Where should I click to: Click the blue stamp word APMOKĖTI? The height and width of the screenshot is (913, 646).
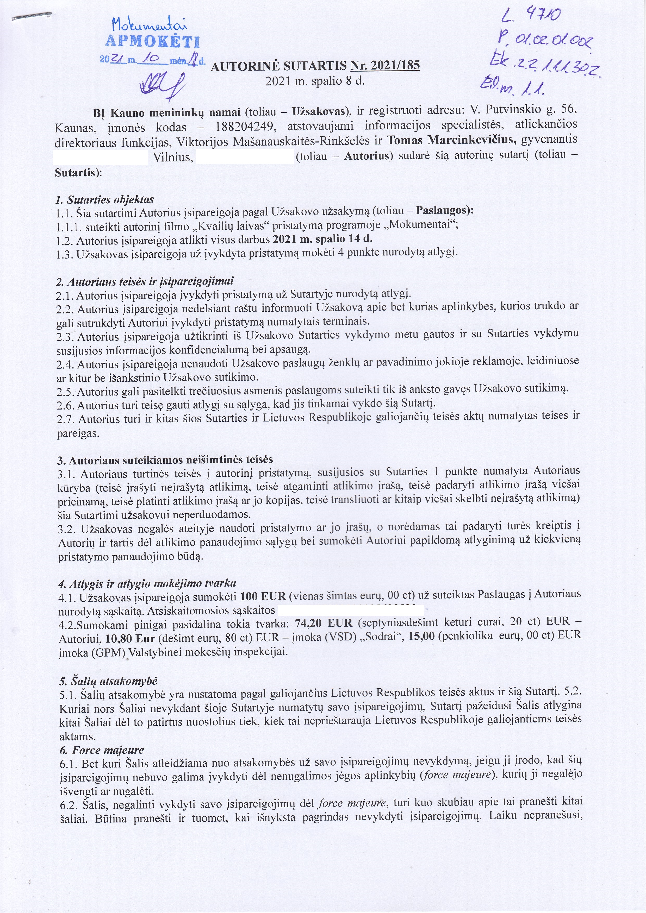point(153,42)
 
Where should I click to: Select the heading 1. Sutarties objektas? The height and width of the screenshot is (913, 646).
point(105,199)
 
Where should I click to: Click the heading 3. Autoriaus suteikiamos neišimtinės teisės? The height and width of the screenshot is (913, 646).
point(165,460)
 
